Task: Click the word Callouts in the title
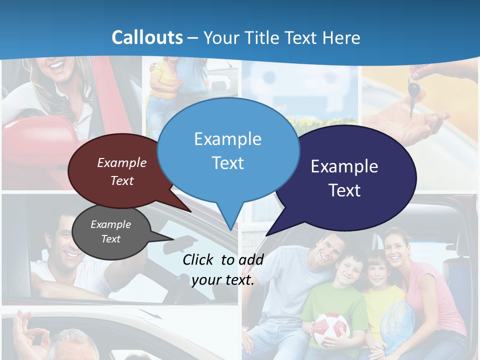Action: (147, 37)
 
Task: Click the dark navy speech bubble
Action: (344, 178)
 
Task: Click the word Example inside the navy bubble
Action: (344, 166)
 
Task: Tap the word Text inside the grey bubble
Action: (111, 239)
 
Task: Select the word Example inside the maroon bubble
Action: (122, 162)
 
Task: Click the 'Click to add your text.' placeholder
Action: (223, 269)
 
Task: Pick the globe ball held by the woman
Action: (397, 322)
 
